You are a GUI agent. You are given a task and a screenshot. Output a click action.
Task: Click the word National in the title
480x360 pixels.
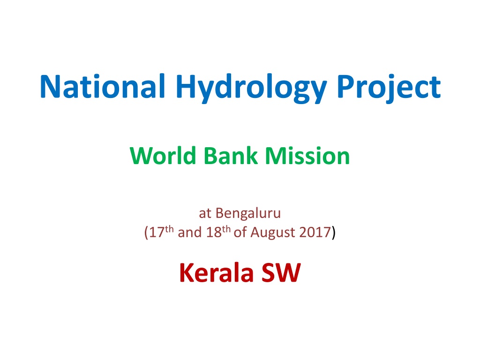[x=103, y=86]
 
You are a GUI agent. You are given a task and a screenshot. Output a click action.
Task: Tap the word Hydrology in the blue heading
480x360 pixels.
[x=251, y=89]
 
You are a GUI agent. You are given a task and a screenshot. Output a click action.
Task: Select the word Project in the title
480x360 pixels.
[x=389, y=89]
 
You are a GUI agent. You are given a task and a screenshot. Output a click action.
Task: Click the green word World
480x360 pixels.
[x=163, y=156]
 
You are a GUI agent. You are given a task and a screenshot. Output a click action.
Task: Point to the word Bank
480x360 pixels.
[x=231, y=156]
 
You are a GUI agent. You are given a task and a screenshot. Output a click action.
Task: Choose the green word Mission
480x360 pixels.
[x=307, y=156]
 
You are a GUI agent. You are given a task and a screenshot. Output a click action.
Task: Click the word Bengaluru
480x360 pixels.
[x=248, y=213]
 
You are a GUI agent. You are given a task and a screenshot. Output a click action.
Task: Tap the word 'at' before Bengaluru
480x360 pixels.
[x=205, y=214]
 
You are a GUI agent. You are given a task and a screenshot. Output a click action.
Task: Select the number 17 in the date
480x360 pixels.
[x=157, y=232]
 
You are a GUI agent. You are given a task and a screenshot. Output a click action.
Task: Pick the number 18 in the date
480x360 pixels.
[x=214, y=232]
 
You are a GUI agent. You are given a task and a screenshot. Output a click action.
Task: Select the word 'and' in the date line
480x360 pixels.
[x=190, y=232]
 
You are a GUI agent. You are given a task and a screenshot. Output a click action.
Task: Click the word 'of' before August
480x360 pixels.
[x=240, y=232]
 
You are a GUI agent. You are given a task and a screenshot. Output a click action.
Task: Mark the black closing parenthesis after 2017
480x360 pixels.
[x=334, y=233]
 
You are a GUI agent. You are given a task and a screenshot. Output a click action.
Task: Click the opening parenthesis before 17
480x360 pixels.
[x=146, y=233]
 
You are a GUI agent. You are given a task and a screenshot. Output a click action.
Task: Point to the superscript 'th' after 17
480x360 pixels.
[x=169, y=229]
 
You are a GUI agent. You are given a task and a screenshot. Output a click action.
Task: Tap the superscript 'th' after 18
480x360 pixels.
[x=226, y=229]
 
